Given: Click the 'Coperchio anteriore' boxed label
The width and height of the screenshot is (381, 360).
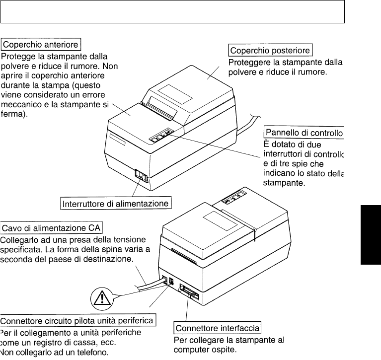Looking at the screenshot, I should pos(41,45).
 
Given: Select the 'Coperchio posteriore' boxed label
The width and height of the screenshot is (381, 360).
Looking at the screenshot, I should pos(270,51).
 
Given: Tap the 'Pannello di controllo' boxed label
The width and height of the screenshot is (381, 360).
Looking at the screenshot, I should pos(304,133).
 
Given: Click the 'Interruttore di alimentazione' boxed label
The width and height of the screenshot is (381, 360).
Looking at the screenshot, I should pos(117,204).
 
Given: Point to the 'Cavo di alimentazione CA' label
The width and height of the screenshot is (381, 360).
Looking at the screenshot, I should pos(52,228).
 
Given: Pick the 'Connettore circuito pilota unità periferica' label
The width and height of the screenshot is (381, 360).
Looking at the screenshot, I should pos(78,320).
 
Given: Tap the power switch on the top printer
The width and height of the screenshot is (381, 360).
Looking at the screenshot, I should pos(142,177).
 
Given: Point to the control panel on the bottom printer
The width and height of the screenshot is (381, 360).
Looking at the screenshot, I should pos(233,200).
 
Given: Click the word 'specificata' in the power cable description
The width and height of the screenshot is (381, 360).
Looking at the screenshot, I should pos(21,250).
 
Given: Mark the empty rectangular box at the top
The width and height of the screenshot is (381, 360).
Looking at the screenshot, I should pos(172,12).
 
